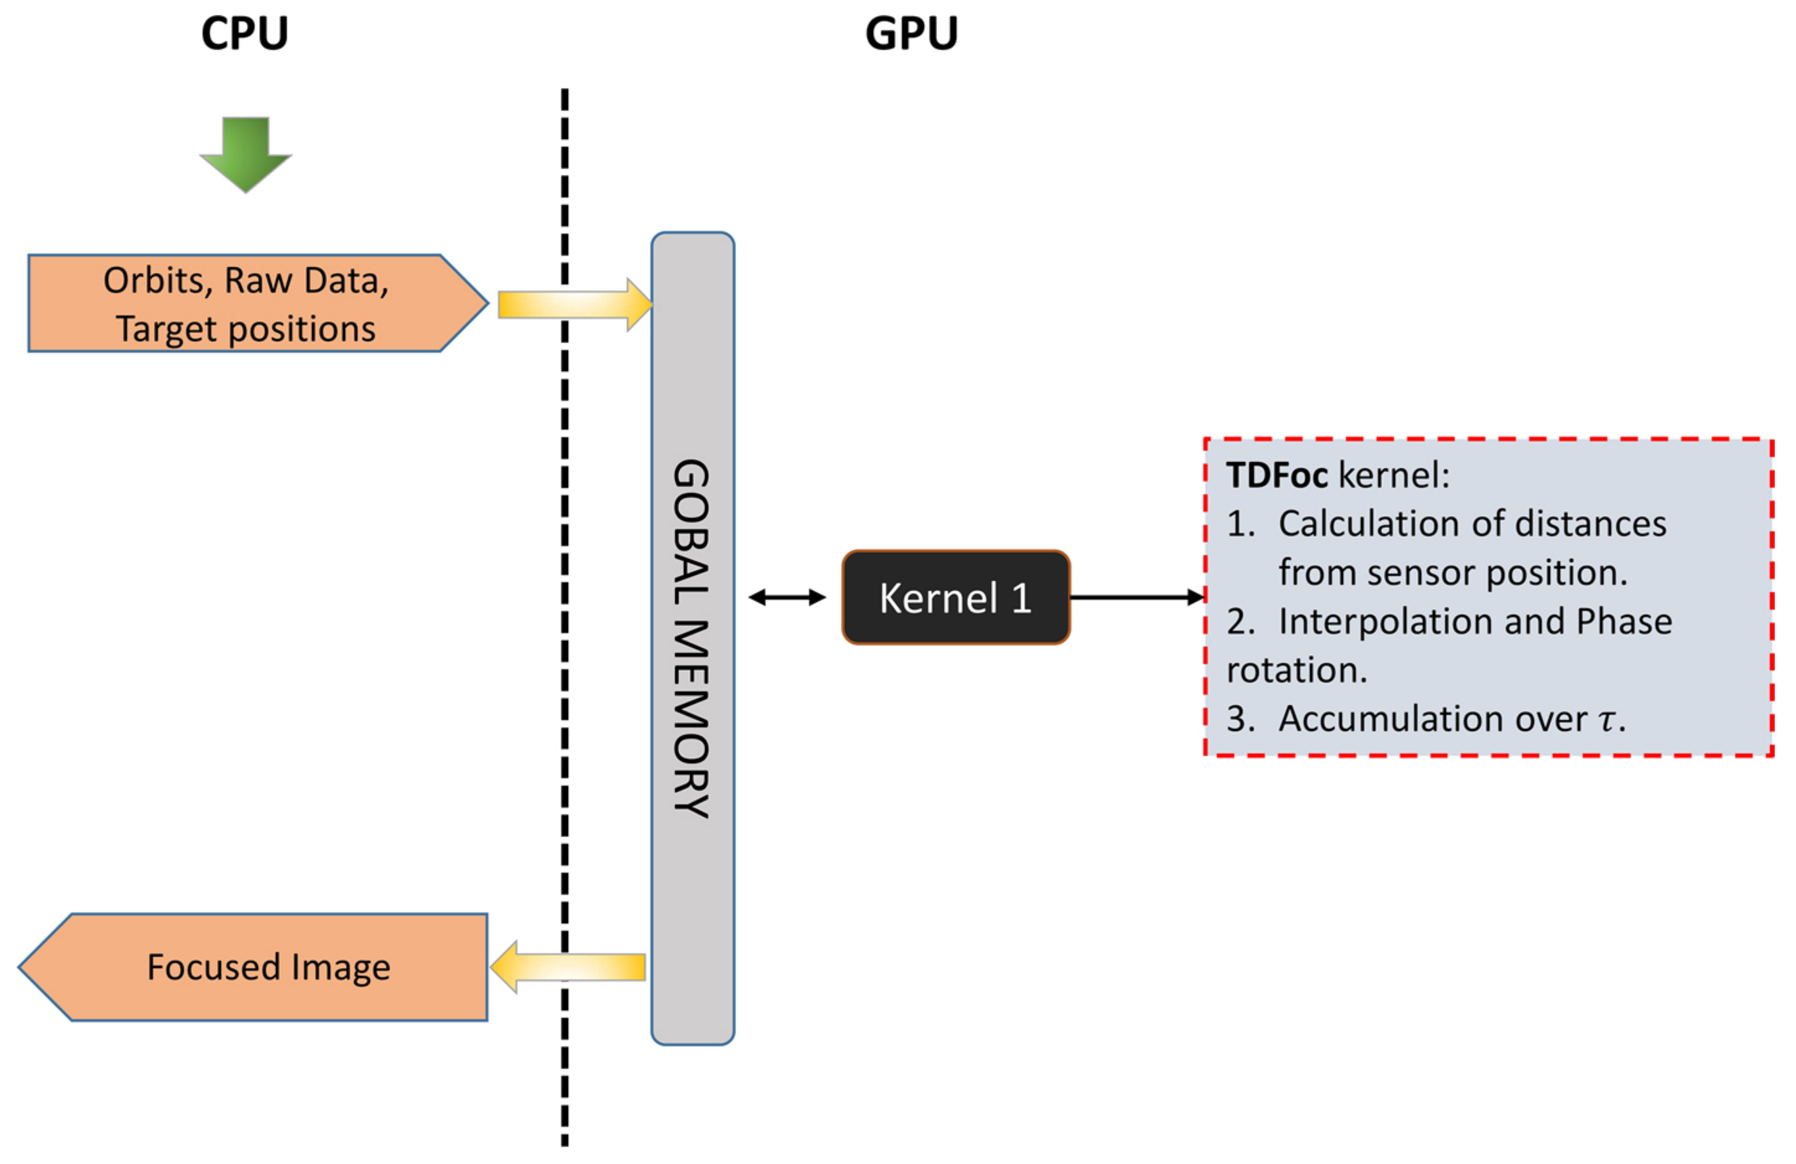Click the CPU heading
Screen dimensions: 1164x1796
click(x=244, y=34)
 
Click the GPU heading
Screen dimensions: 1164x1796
click(x=911, y=34)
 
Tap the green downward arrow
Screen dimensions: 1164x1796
click(x=245, y=154)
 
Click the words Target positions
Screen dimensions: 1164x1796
click(x=245, y=329)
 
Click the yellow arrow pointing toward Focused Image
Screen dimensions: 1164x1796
click(x=567, y=966)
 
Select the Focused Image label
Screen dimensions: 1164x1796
click(x=269, y=967)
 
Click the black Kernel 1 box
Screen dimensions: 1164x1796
click(x=955, y=598)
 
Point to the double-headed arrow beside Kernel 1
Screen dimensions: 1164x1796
click(x=787, y=598)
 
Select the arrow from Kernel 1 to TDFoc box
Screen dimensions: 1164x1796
click(x=1136, y=598)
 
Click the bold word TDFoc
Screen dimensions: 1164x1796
click(x=1276, y=475)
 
